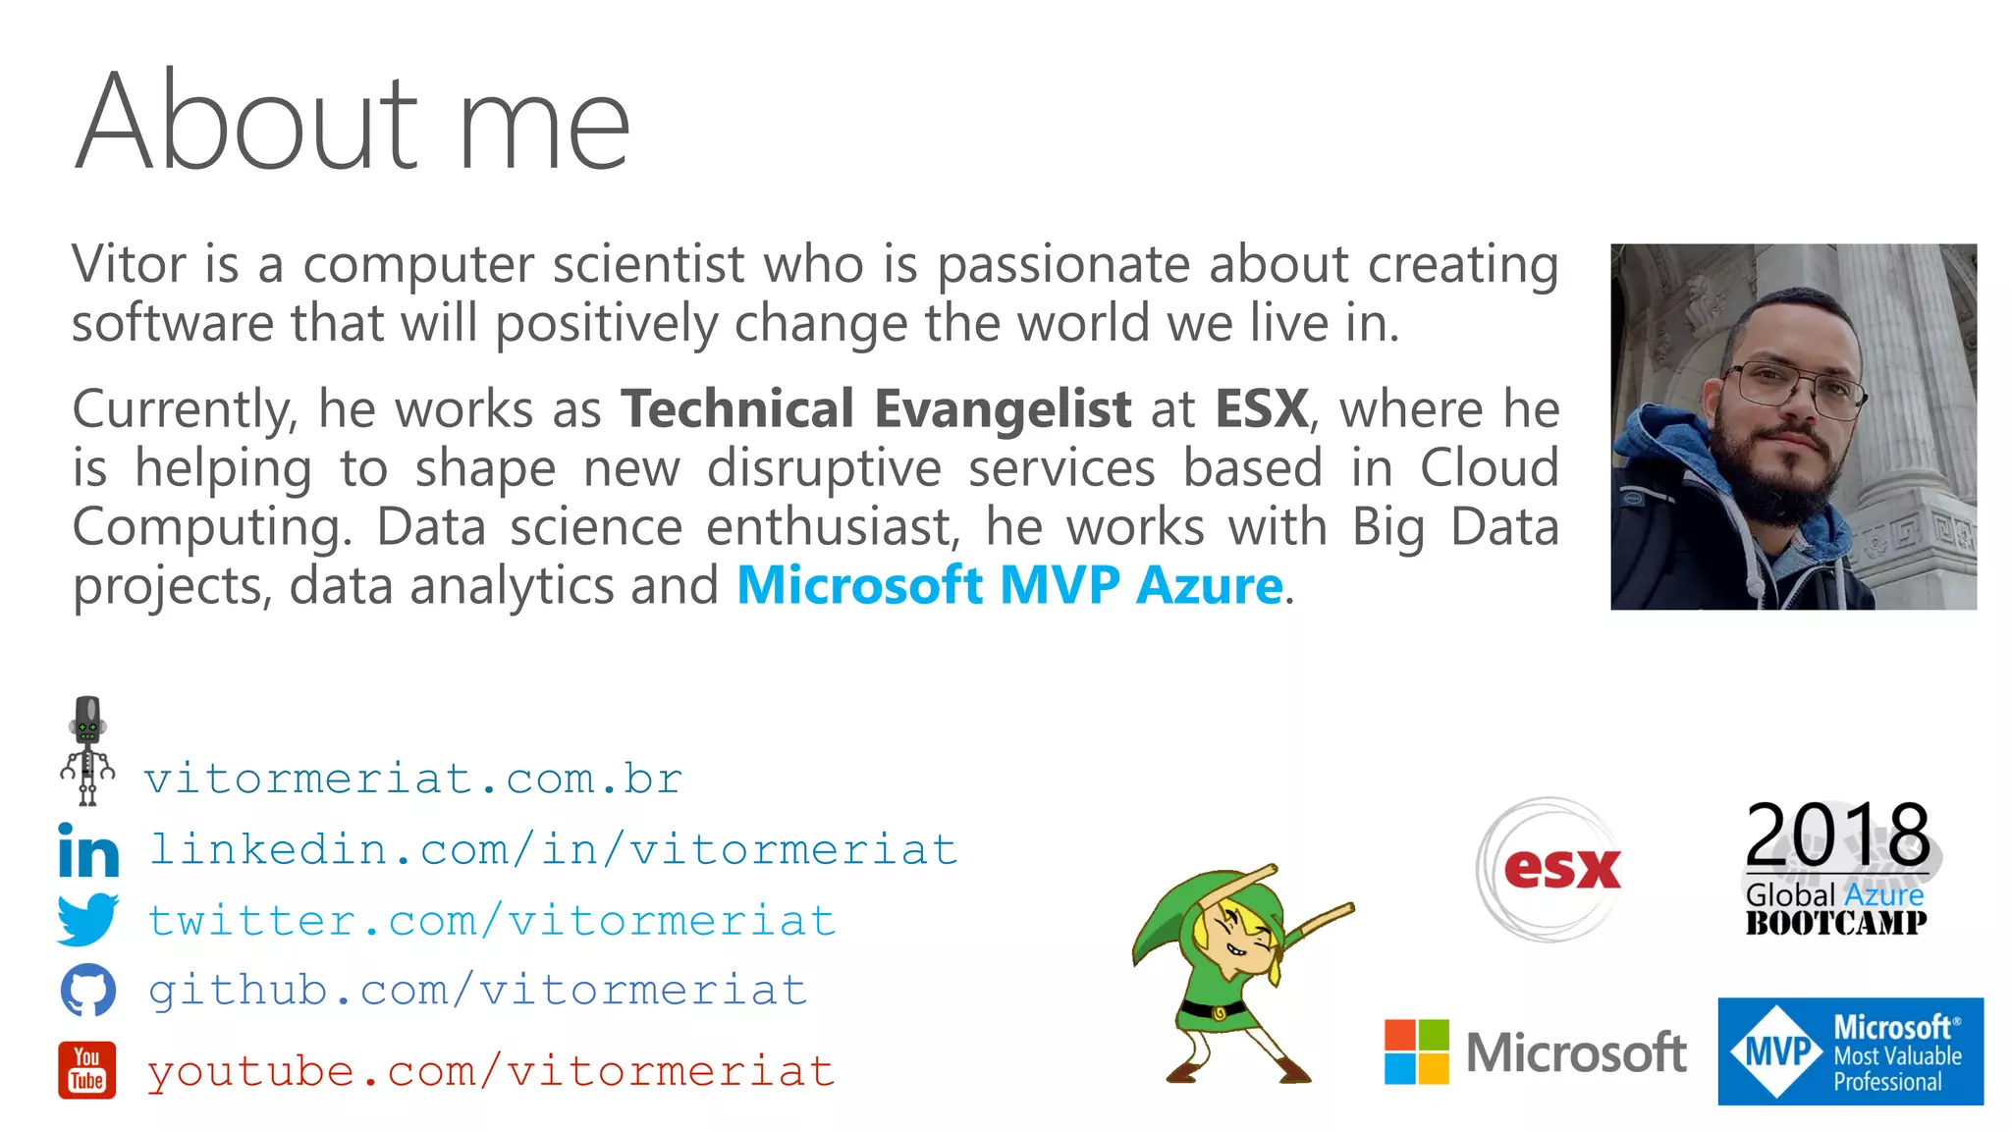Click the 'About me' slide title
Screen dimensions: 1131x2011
pyautogui.click(x=352, y=123)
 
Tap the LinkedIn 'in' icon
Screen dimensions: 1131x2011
pyautogui.click(x=88, y=850)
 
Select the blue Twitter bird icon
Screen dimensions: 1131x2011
pyautogui.click(x=87, y=919)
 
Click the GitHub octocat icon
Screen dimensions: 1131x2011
pyautogui.click(x=88, y=990)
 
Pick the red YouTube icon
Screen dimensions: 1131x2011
pyautogui.click(x=87, y=1070)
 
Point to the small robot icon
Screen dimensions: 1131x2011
pyautogui.click(x=87, y=751)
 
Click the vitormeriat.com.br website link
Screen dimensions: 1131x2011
pyautogui.click(x=412, y=780)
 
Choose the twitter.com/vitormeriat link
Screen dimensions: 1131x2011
pyautogui.click(x=491, y=921)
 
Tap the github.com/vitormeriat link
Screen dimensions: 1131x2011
pyautogui.click(x=478, y=991)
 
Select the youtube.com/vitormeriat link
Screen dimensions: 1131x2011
pyautogui.click(x=491, y=1071)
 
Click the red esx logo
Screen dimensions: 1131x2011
pyautogui.click(x=1561, y=868)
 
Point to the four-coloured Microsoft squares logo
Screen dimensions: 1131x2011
pyautogui.click(x=1416, y=1051)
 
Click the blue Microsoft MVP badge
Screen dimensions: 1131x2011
pyautogui.click(x=1850, y=1051)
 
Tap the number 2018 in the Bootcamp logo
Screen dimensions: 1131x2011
pyautogui.click(x=1837, y=834)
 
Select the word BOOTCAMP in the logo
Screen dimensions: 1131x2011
pyautogui.click(x=1835, y=923)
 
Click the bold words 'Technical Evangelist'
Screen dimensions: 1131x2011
pyautogui.click(x=876, y=408)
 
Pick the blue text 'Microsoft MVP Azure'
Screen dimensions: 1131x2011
pyautogui.click(x=1009, y=586)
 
